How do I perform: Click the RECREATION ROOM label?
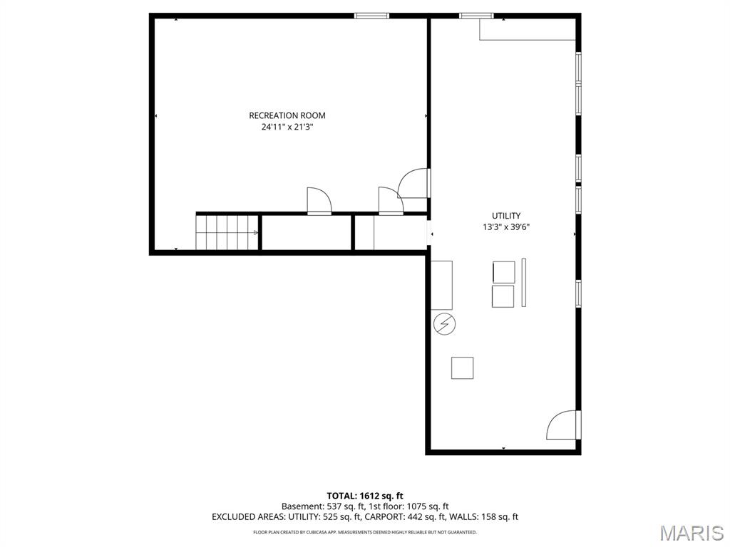coord(287,115)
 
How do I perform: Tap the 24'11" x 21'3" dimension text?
coord(287,127)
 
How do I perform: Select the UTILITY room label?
coord(505,216)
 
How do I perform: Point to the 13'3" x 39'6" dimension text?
coord(505,227)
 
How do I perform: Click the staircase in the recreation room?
coord(227,232)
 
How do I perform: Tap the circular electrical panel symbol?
coord(444,324)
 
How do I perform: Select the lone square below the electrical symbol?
coord(462,368)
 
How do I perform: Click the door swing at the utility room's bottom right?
coord(562,426)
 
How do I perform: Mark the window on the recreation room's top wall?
coord(371,15)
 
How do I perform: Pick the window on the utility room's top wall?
coord(475,15)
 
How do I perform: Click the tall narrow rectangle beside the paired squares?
coord(524,282)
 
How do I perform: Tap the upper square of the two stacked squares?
coord(503,272)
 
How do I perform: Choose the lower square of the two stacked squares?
coord(503,296)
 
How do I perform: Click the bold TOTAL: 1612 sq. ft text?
coord(365,495)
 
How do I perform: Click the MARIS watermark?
coord(692,533)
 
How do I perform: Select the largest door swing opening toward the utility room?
coord(413,184)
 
